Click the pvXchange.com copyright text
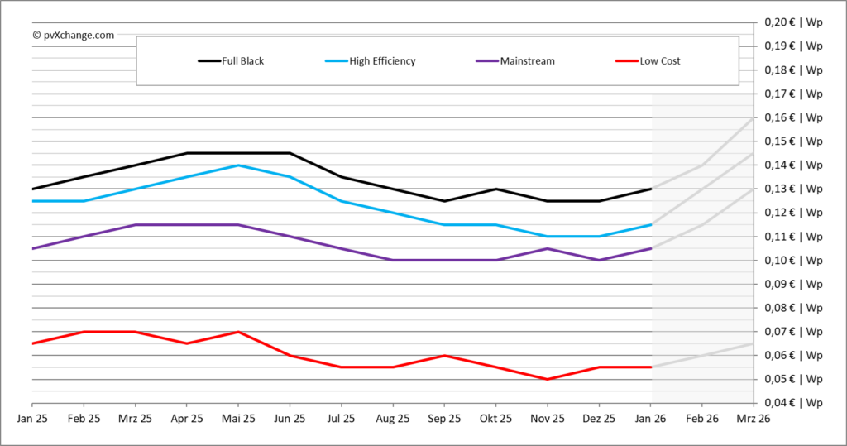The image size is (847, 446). pyautogui.click(x=73, y=35)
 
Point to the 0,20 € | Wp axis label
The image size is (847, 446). pyautogui.click(x=793, y=22)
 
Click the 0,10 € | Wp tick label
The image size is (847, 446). pyautogui.click(x=793, y=261)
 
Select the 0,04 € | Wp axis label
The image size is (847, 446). pyautogui.click(x=793, y=404)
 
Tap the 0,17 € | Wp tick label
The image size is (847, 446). pyautogui.click(x=793, y=94)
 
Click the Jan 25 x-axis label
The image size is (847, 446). pyautogui.click(x=31, y=420)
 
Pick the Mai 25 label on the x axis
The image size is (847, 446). pyautogui.click(x=238, y=420)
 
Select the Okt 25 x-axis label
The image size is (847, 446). pyautogui.click(x=495, y=420)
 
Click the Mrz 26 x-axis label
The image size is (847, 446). pyautogui.click(x=753, y=420)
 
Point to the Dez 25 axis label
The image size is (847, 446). pyautogui.click(x=599, y=420)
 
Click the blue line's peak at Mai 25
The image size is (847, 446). pyautogui.click(x=238, y=165)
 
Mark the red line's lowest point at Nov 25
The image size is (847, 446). pyautogui.click(x=548, y=379)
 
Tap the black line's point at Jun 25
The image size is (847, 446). pyautogui.click(x=290, y=153)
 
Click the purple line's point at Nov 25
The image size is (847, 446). pyautogui.click(x=548, y=248)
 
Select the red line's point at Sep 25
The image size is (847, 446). pyautogui.click(x=444, y=356)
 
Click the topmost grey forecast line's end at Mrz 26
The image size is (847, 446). pyautogui.click(x=753, y=117)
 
